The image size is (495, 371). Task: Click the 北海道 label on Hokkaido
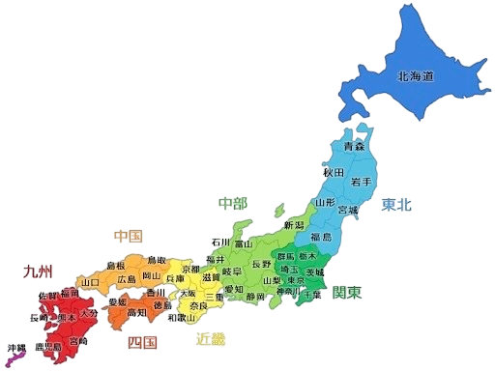click(415, 74)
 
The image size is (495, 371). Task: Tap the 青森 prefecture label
click(354, 148)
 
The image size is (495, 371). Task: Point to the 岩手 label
click(362, 182)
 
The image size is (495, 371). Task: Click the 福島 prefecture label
click(321, 237)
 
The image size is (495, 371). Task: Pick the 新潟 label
click(294, 225)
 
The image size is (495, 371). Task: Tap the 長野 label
click(261, 264)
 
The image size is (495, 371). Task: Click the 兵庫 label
click(176, 279)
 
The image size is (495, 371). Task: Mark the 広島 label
click(127, 279)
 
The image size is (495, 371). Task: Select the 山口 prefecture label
click(91, 282)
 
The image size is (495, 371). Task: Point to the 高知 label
click(136, 313)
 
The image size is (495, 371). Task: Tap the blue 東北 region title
click(395, 205)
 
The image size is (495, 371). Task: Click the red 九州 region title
click(38, 271)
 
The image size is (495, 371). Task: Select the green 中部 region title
click(232, 203)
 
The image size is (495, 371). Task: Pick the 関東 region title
click(347, 291)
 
